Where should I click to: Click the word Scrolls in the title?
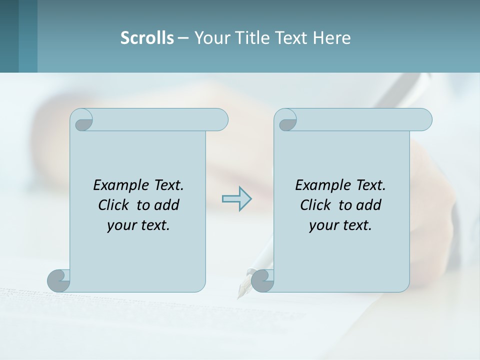tap(147, 38)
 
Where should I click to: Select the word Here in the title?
tap(331, 38)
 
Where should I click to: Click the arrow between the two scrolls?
tap(236, 199)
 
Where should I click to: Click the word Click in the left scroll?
tap(115, 205)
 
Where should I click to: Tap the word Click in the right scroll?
tap(317, 205)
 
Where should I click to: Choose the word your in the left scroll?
tap(121, 225)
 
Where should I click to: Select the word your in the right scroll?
tap(323, 225)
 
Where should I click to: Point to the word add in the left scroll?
tap(166, 205)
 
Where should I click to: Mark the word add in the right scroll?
tap(368, 205)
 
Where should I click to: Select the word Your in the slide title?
tap(209, 38)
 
